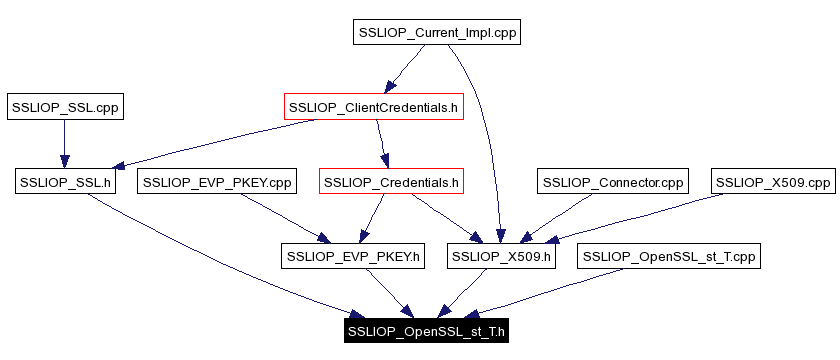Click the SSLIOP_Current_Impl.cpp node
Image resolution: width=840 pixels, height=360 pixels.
(438, 33)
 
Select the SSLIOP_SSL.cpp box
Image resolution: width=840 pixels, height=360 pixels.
(64, 107)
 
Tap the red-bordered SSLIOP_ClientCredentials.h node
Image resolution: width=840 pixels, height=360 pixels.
(373, 107)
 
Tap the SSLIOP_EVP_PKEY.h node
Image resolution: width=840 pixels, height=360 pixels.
(355, 257)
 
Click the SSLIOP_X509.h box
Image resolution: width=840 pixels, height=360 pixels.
(501, 257)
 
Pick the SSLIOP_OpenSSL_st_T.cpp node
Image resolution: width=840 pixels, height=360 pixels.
(669, 257)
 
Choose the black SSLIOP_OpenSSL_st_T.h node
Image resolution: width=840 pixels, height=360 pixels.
(427, 331)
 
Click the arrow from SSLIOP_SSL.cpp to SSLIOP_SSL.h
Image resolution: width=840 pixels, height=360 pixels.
(64, 144)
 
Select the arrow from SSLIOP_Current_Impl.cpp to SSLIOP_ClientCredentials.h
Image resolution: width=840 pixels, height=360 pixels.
(405, 70)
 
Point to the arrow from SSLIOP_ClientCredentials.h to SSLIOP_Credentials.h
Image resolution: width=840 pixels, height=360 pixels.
(381, 144)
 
